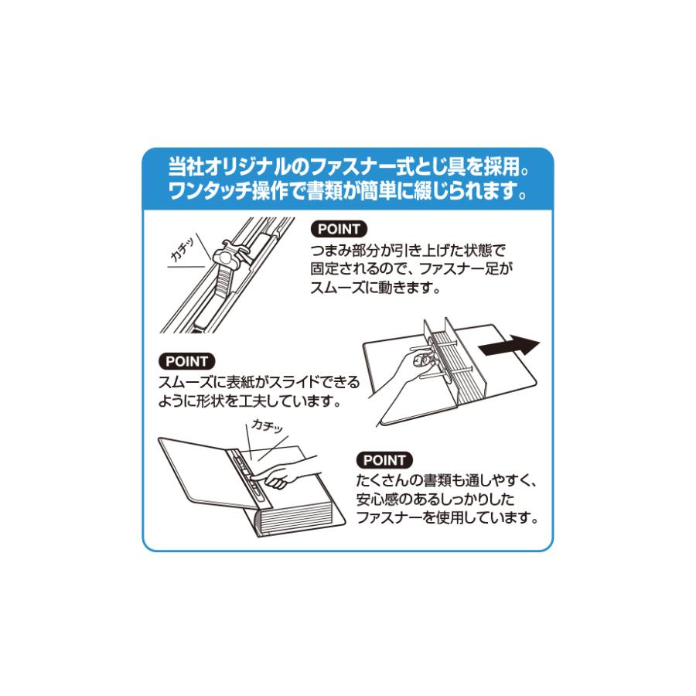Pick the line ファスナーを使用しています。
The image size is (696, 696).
(x=447, y=518)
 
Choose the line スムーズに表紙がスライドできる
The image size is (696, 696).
(x=258, y=382)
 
